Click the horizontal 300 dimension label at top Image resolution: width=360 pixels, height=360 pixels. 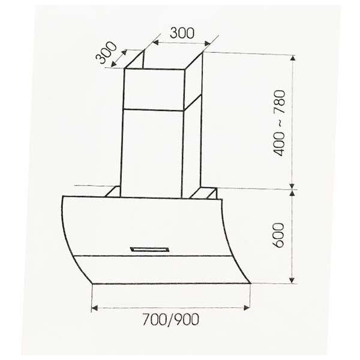coord(181,34)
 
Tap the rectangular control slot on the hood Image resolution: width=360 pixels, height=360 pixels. coord(151,247)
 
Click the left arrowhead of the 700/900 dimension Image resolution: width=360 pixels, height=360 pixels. coord(95,308)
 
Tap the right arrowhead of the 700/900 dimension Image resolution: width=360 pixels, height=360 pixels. coord(247,308)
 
